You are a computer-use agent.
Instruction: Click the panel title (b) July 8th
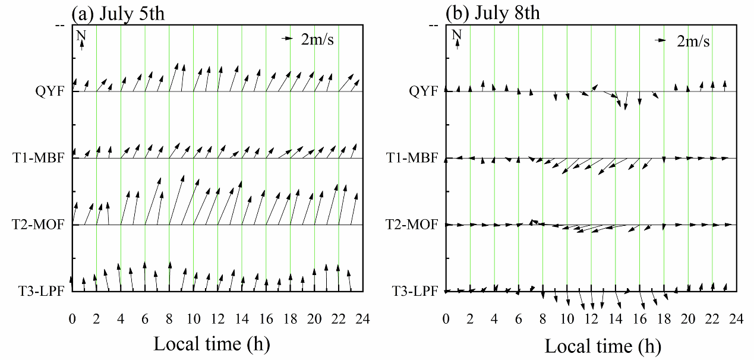click(492, 12)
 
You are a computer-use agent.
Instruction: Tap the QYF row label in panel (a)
click(52, 91)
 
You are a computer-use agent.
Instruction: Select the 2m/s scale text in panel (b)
click(693, 42)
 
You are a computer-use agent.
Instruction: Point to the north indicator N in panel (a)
click(81, 36)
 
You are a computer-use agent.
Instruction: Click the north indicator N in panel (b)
click(456, 36)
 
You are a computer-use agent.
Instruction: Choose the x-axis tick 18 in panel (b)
click(664, 319)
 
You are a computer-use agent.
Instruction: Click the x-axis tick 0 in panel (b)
click(446, 319)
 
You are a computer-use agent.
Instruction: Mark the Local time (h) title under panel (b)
click(603, 346)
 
